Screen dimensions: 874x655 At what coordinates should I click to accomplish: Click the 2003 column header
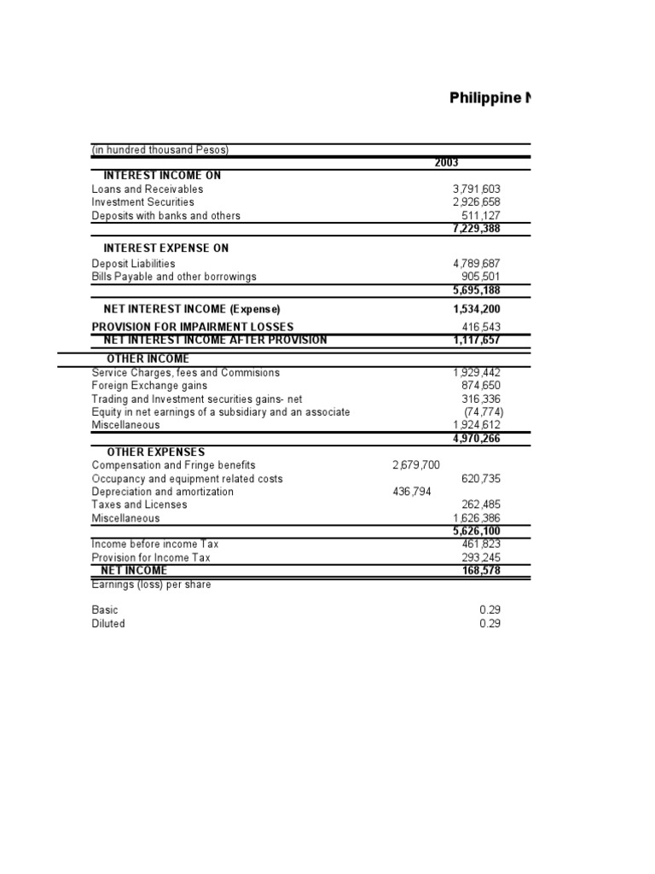(x=447, y=163)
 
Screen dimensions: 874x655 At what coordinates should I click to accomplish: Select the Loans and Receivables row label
(x=148, y=189)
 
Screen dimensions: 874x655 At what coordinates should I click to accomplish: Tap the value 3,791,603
(x=478, y=189)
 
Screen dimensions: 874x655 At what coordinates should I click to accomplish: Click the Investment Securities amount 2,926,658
(x=478, y=202)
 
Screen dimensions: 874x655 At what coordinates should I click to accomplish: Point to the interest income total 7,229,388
(x=477, y=229)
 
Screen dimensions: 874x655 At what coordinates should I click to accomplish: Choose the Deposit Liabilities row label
(x=133, y=264)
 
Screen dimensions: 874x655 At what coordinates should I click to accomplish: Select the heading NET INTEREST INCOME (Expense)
(x=192, y=308)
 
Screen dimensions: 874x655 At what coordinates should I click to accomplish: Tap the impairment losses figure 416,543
(x=484, y=327)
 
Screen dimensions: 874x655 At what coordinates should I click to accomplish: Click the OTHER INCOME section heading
(x=148, y=358)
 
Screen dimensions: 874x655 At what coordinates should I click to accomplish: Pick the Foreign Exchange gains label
(x=137, y=386)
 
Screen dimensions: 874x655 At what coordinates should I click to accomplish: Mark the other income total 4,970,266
(x=477, y=438)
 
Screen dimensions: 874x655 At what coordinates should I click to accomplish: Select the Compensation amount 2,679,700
(x=416, y=465)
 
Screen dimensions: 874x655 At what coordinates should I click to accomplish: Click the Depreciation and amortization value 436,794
(x=412, y=492)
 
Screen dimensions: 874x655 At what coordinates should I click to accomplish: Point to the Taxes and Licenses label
(x=139, y=504)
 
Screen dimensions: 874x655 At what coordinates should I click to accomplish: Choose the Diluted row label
(x=108, y=624)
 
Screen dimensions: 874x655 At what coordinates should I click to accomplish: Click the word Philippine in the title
(x=484, y=98)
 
